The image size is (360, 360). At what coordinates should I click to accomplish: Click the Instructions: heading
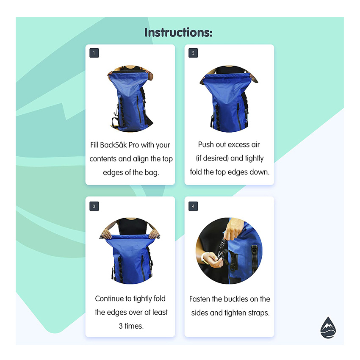(x=178, y=33)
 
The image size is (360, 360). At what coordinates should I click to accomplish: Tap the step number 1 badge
(x=94, y=53)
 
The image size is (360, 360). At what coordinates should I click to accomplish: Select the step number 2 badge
(x=193, y=53)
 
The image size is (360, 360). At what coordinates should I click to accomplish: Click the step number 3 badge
(x=94, y=207)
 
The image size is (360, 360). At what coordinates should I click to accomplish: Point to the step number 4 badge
(x=193, y=207)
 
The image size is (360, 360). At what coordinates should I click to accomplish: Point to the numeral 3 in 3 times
(x=121, y=326)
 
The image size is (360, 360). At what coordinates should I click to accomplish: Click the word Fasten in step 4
(x=199, y=299)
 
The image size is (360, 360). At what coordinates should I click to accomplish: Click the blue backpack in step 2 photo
(x=229, y=102)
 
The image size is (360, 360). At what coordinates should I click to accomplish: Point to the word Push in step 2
(x=205, y=145)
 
